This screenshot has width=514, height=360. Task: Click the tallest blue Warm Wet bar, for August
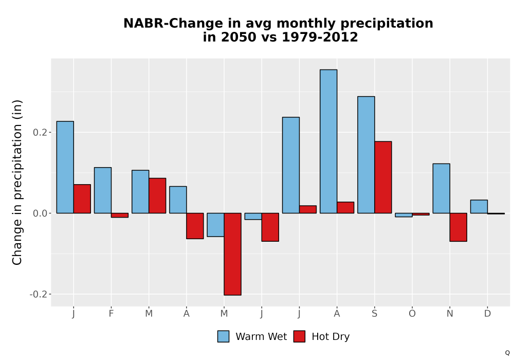328,141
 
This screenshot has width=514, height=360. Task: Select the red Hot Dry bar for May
233,254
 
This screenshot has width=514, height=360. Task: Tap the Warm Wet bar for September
366,155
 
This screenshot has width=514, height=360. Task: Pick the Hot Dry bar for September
383,177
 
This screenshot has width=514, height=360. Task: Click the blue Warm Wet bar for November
441,189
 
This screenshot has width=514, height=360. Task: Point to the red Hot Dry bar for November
458,227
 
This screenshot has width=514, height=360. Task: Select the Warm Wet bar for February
103,190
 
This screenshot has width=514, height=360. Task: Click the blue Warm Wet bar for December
479,207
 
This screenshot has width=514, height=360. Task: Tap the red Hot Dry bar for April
195,226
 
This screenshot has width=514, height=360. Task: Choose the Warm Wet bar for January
65,167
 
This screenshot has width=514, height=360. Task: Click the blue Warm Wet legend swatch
223,336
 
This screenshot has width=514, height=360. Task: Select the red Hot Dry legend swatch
299,336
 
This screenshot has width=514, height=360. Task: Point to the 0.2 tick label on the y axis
40,133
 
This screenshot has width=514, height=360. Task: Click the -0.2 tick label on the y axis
39,294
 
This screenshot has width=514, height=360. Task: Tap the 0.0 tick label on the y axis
40,213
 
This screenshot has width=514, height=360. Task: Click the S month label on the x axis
374,314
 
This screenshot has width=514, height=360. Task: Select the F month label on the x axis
111,314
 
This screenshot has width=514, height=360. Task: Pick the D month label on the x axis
487,314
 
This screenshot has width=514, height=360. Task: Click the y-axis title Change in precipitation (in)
17,182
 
